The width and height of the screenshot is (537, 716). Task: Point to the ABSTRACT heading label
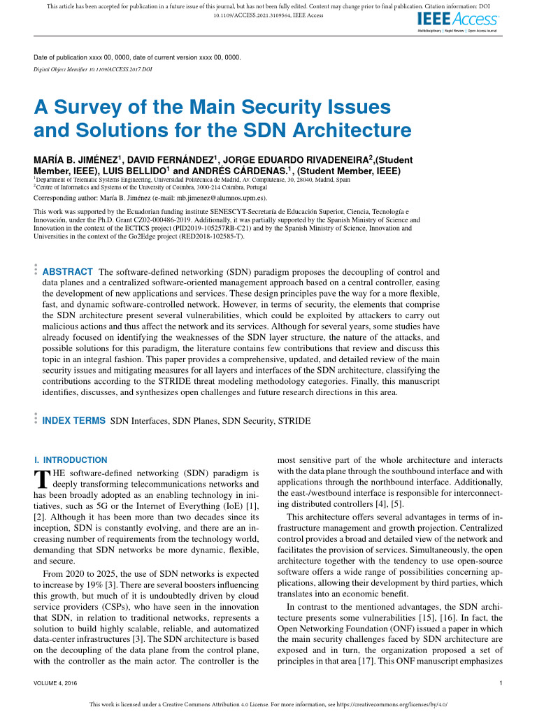tap(68, 271)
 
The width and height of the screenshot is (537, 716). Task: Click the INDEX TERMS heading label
tap(74, 421)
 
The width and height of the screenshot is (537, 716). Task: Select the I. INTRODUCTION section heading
tap(71, 460)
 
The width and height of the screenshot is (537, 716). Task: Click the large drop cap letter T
tap(41, 478)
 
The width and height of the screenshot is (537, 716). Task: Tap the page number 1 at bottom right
tap(501, 682)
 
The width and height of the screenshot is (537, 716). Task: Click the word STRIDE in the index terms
tap(294, 421)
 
